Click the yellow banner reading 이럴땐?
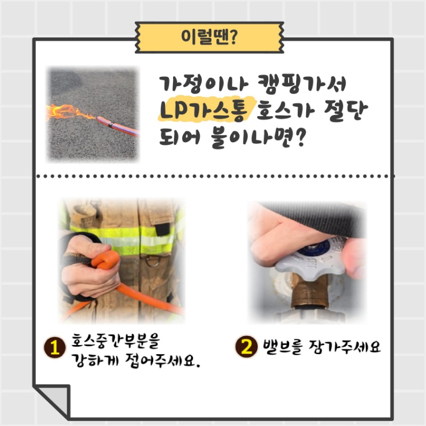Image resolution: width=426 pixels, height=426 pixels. coord(209,37)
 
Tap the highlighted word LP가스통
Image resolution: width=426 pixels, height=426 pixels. coord(204,110)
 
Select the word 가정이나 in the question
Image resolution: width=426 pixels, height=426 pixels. coord(204,84)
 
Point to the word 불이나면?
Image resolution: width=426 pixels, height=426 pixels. coord(259,138)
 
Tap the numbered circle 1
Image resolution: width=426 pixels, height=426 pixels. coord(55,348)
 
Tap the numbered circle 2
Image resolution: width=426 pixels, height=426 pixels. coord(247,346)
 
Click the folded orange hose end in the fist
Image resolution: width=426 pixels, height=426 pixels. coord(105,260)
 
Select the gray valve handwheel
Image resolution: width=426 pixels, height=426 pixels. coord(310,265)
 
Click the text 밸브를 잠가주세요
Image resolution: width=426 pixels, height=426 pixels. coord(322,347)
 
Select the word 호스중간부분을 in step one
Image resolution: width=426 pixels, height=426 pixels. coord(116,340)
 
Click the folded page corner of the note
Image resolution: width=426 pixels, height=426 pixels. coord(52,401)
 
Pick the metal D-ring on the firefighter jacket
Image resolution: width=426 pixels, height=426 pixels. coord(153,261)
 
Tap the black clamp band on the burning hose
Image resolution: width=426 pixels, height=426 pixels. coord(111,125)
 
